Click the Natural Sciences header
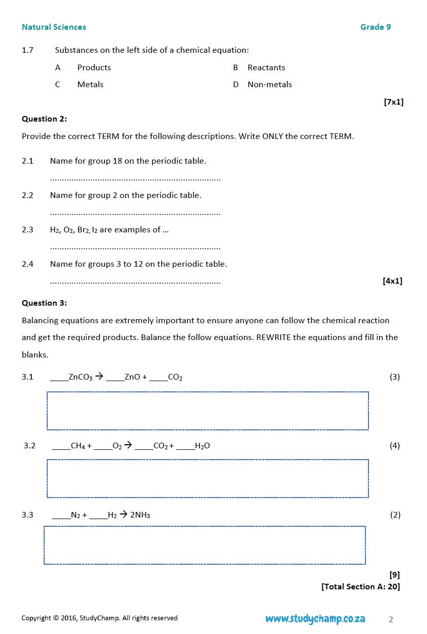point(54,27)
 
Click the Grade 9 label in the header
point(375,27)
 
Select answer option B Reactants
point(266,68)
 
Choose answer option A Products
point(94,68)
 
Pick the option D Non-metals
point(269,85)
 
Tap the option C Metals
point(90,85)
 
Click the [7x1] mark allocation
point(393,102)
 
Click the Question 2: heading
point(44,119)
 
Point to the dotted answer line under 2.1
point(135,179)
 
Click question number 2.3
point(28,230)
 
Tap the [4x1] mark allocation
point(392,281)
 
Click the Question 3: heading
point(44,303)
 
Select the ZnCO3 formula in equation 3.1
point(81,378)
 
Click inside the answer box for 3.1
point(207,411)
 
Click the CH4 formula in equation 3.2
point(78,446)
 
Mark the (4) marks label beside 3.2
point(394,446)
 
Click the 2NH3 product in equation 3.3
point(140,515)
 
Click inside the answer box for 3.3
point(204,545)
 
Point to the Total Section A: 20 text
point(360,587)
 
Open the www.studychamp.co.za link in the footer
point(315,619)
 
